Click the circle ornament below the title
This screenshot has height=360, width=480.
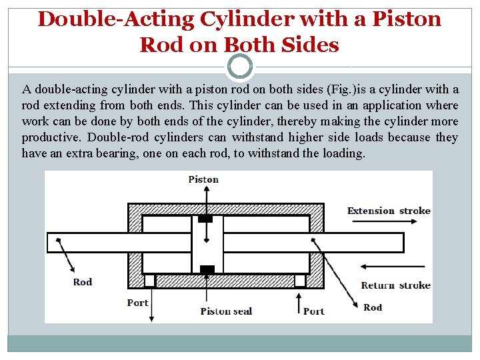[x=240, y=67]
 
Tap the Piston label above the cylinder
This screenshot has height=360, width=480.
[x=203, y=179]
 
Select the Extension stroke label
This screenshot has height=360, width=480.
[x=389, y=211]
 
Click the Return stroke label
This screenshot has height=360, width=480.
[x=395, y=285]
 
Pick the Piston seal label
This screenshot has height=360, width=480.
[x=226, y=311]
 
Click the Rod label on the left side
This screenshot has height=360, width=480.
[x=83, y=282]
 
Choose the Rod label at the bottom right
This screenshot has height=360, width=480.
[x=373, y=307]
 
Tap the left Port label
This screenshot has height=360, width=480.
[x=137, y=303]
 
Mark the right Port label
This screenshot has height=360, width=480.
[x=314, y=311]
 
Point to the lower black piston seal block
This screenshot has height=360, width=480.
[x=207, y=269]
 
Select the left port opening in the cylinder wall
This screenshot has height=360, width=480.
[x=150, y=281]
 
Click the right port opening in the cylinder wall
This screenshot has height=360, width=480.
[x=300, y=281]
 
